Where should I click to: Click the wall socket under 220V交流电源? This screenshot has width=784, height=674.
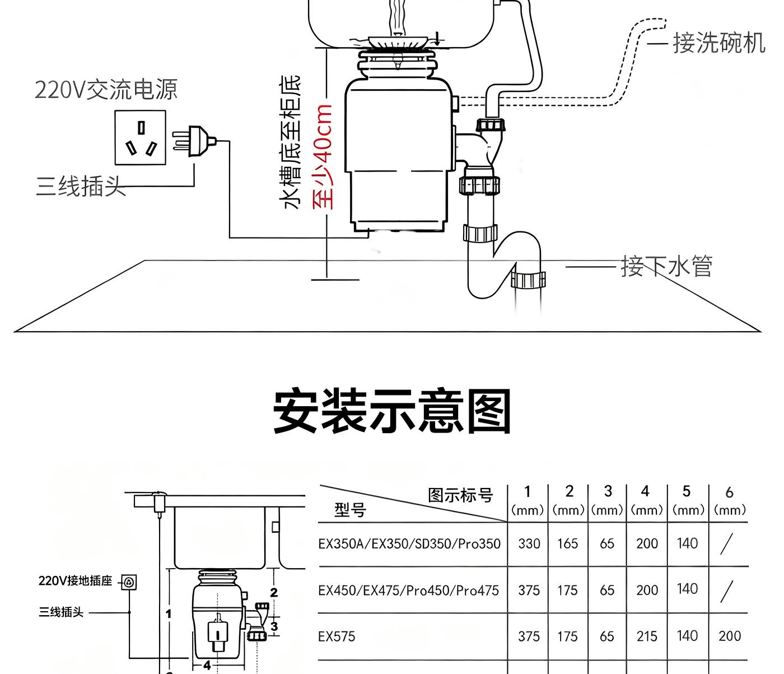pyautogui.click(x=141, y=137)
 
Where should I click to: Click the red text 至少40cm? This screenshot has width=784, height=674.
pyautogui.click(x=323, y=156)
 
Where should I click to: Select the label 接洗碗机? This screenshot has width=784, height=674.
pyautogui.click(x=718, y=43)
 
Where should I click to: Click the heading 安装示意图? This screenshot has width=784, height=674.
pyautogui.click(x=391, y=412)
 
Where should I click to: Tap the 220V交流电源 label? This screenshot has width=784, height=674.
pyautogui.click(x=106, y=89)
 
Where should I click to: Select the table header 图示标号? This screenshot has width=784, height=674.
pyautogui.click(x=460, y=495)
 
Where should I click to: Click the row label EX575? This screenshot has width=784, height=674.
pyautogui.click(x=337, y=636)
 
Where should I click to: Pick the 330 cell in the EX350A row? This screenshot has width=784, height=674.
pyautogui.click(x=529, y=543)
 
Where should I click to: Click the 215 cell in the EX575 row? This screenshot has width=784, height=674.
pyautogui.click(x=647, y=636)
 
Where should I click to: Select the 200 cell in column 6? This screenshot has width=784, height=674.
pyautogui.click(x=729, y=636)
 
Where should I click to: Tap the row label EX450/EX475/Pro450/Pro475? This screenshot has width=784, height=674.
pyautogui.click(x=408, y=590)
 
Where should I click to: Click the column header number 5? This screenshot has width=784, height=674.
pyautogui.click(x=686, y=492)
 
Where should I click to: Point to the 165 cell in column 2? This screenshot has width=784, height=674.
pyautogui.click(x=567, y=543)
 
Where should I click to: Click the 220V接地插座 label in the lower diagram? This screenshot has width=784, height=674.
pyautogui.click(x=76, y=581)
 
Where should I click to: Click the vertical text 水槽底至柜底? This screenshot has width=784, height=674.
pyautogui.click(x=291, y=143)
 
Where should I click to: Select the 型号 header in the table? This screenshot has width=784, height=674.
pyautogui.click(x=350, y=510)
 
